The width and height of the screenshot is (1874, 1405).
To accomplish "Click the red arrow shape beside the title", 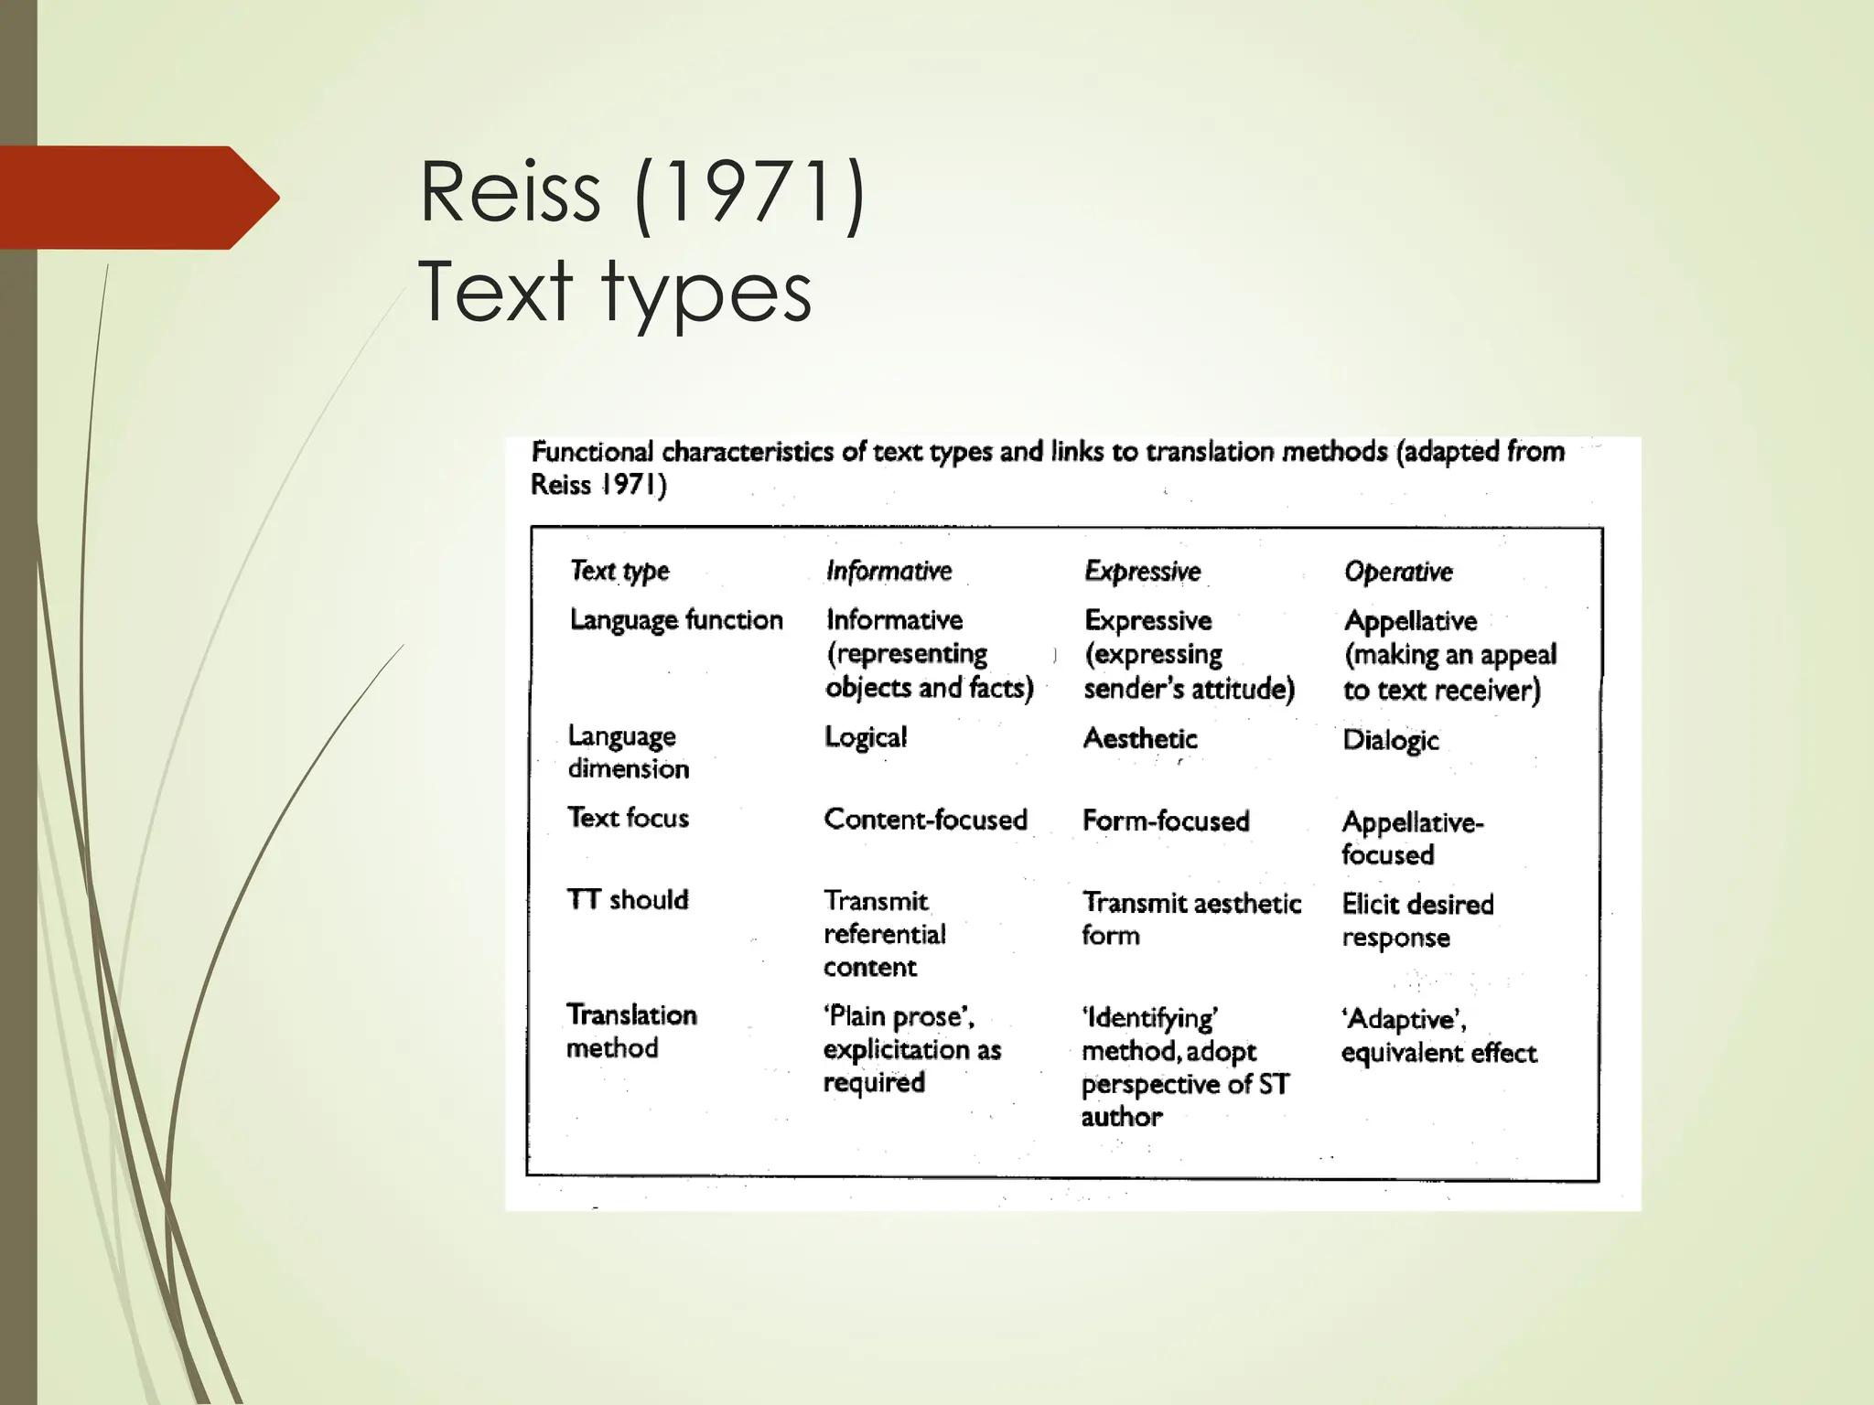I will tap(137, 198).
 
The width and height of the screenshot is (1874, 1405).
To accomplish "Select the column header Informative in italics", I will tap(889, 571).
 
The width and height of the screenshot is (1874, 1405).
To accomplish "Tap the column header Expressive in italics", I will tap(1142, 571).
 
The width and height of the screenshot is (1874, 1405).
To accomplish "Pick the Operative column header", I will tap(1397, 572).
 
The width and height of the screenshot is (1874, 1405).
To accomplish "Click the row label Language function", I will tap(676, 620).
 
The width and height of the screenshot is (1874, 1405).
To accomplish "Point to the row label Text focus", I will tap(628, 818).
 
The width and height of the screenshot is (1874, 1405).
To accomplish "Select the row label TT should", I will tap(627, 900).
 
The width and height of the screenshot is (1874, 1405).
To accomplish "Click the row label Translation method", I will tap(630, 1031).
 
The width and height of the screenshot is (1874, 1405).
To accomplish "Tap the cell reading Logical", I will tap(865, 737).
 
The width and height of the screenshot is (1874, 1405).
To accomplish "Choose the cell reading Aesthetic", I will tap(1139, 738).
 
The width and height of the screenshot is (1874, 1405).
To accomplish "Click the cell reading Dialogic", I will tap(1390, 740).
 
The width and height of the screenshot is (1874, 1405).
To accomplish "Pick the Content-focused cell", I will tap(925, 820).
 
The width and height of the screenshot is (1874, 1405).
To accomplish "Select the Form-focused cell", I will tap(1165, 820).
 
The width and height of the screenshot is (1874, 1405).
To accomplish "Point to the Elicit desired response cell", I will tap(1416, 920).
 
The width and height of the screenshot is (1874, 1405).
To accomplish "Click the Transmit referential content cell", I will tap(884, 934).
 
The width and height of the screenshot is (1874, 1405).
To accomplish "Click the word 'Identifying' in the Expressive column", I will tap(1149, 1018).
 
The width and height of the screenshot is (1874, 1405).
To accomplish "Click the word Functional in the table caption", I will tap(592, 452).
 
